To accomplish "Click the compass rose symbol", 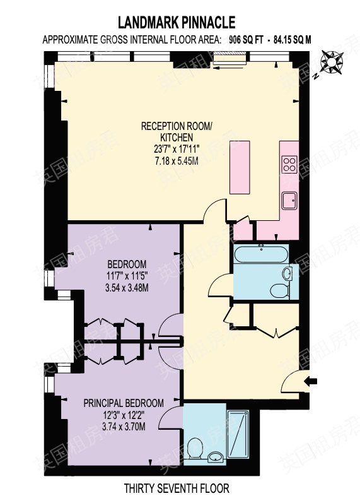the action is click(x=331, y=63).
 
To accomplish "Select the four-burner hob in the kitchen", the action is click(x=290, y=164).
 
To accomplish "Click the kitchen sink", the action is click(x=289, y=201).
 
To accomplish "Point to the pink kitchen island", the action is click(x=240, y=167).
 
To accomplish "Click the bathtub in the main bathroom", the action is click(x=261, y=254).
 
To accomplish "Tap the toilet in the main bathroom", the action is click(x=280, y=290).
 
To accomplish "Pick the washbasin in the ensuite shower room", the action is click(x=216, y=457).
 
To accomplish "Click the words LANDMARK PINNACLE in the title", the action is click(x=177, y=23).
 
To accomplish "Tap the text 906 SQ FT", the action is click(x=246, y=40).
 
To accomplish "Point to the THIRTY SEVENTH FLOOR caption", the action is click(x=177, y=487).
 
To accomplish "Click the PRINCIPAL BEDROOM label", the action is click(x=124, y=403).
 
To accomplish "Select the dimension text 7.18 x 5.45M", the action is click(x=177, y=161).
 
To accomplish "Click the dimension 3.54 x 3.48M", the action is click(x=127, y=288).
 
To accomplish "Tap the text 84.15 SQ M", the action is click(x=293, y=40).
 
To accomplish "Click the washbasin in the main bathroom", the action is click(x=287, y=273).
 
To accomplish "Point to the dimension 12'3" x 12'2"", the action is click(x=124, y=415).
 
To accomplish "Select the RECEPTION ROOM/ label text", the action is click(x=177, y=126).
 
